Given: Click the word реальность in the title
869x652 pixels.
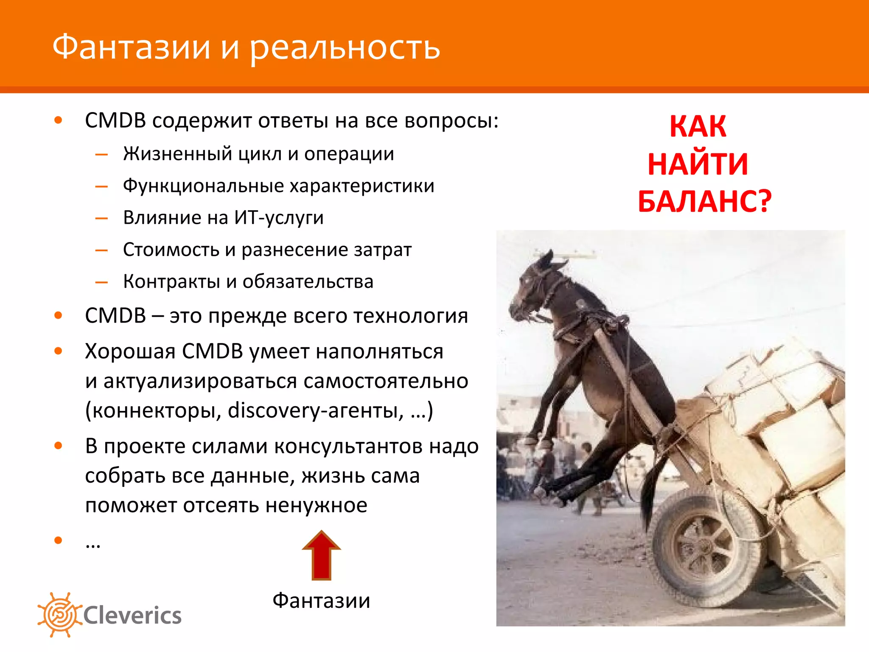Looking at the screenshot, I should coord(344,48).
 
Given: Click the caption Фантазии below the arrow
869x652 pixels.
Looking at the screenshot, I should coord(321,601).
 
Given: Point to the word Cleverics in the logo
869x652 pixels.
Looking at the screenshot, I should coord(132,615).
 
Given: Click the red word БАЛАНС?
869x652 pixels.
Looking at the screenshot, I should coord(704,201).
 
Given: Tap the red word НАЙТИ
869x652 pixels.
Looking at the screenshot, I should coord(698,164).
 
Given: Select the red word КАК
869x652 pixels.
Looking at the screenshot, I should coord(698,126).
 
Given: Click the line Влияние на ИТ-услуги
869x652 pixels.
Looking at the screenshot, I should coord(223,218).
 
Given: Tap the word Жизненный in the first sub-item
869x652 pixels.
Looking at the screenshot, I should coord(178,154).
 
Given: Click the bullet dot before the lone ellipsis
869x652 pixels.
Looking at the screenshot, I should coord(58,540).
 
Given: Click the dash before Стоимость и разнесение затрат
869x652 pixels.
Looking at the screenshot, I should coord(101,250).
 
